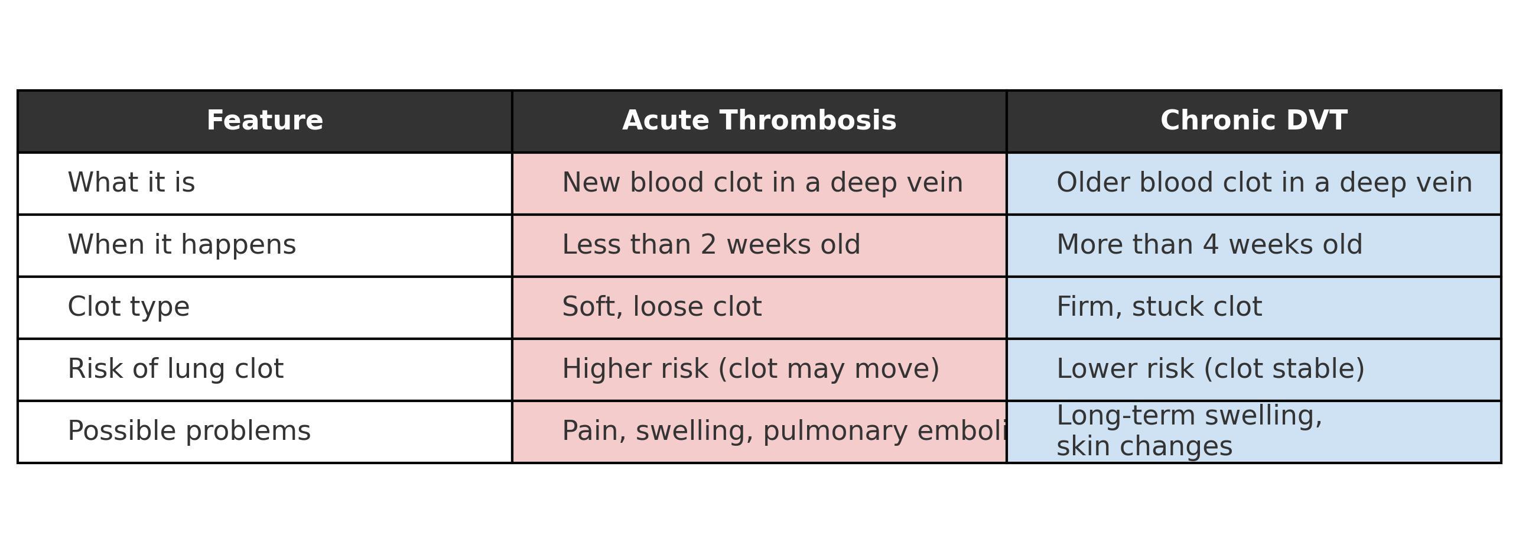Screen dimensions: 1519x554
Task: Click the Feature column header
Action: click(x=265, y=121)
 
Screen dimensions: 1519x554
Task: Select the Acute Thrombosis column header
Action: click(x=759, y=121)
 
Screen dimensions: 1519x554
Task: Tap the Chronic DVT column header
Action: click(x=1254, y=121)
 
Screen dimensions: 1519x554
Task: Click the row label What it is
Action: click(x=131, y=183)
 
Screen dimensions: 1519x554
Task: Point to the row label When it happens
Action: click(x=182, y=245)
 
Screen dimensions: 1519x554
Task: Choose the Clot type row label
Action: click(x=129, y=307)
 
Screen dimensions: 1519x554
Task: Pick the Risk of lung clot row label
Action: click(x=175, y=369)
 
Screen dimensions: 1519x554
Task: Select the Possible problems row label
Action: click(x=189, y=431)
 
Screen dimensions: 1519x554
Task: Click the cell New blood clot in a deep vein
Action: click(x=762, y=183)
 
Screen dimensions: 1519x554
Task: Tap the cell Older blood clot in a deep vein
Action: click(x=1264, y=183)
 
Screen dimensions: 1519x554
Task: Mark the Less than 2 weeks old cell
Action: click(x=711, y=245)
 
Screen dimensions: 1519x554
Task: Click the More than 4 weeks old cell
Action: click(x=1209, y=245)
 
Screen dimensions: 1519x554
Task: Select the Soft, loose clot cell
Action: click(x=662, y=307)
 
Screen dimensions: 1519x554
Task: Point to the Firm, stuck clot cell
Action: click(x=1159, y=307)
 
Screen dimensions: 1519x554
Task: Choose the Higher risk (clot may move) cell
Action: click(x=750, y=369)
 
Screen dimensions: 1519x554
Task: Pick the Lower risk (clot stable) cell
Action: click(x=1211, y=369)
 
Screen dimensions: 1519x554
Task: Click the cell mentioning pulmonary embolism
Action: click(x=784, y=431)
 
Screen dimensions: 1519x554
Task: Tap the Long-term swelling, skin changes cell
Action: click(x=1189, y=431)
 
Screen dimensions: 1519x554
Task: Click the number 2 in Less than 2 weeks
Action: click(x=708, y=245)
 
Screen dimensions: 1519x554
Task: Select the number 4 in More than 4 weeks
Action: click(x=1211, y=245)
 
